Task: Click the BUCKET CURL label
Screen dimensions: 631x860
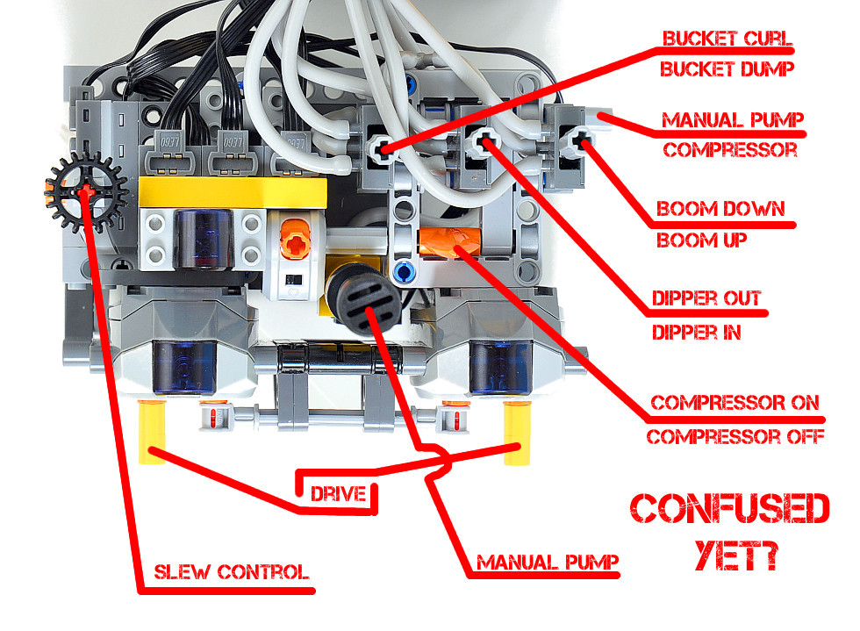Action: tap(727, 40)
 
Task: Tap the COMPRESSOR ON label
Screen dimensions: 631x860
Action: tap(735, 404)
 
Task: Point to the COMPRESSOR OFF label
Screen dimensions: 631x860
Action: tap(735, 434)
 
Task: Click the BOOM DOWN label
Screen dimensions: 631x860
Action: tap(720, 211)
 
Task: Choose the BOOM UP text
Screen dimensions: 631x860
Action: tap(701, 240)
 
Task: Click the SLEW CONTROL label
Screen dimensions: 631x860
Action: tap(231, 573)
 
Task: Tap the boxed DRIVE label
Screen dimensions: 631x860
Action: tap(338, 493)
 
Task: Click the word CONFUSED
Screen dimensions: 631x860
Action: tap(730, 510)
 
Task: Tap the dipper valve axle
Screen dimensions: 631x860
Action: tap(481, 141)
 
